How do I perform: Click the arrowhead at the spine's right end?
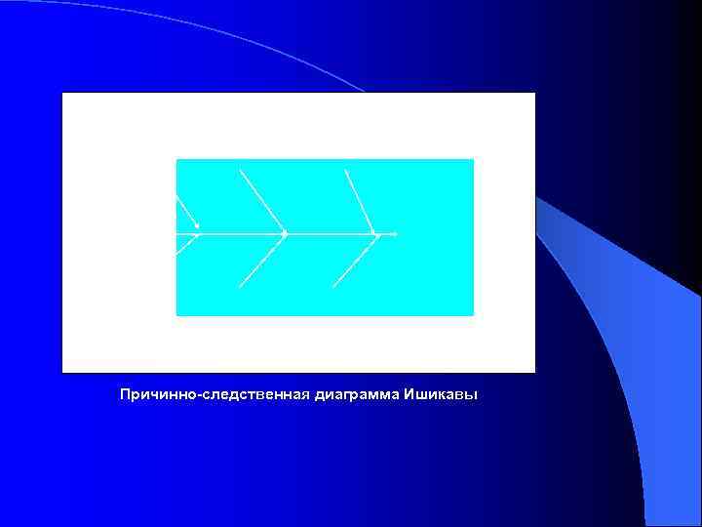coord(394,234)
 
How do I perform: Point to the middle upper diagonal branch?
coord(261,201)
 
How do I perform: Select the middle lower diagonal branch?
coord(261,262)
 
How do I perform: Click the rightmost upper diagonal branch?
coord(360,202)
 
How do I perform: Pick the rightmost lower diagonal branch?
coord(355,261)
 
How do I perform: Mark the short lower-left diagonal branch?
coord(186,244)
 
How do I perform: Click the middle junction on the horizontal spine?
coord(284,234)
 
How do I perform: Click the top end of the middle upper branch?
coord(240,170)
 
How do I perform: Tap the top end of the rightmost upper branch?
coord(345,171)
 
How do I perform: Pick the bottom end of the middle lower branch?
coord(240,288)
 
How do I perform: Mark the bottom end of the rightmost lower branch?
coord(333,287)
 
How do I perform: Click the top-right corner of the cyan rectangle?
coord(473,159)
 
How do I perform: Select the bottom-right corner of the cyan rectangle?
coord(473,315)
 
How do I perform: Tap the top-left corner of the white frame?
coord(62,93)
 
